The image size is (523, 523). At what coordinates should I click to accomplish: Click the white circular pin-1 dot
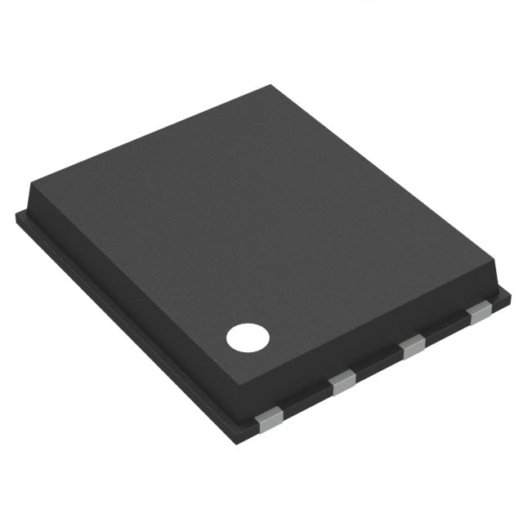[x=248, y=337]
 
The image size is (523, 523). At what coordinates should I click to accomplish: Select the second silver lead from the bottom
[x=343, y=382]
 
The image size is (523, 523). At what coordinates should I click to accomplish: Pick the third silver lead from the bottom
[x=413, y=347]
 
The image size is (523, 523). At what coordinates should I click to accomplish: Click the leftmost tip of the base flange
[x=17, y=214]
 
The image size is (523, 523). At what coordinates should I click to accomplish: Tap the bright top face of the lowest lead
[x=266, y=416]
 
